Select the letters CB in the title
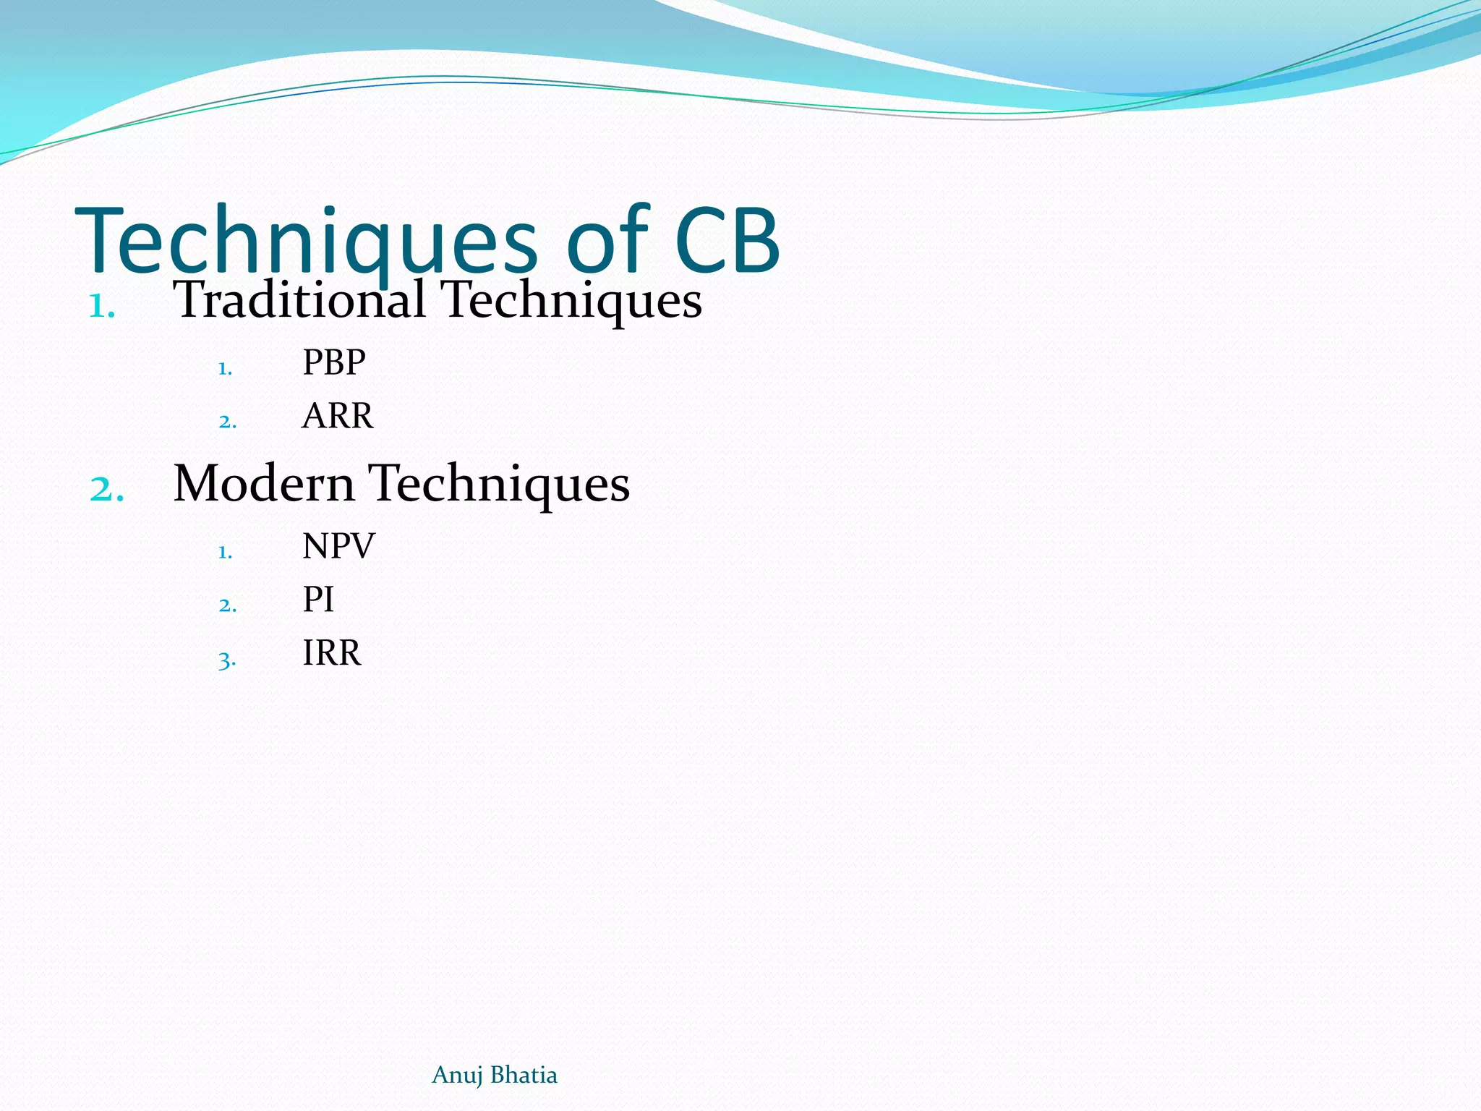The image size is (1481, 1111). (x=727, y=240)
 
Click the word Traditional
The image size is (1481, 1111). (x=299, y=299)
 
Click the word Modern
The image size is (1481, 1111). (x=263, y=483)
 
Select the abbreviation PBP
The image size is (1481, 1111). (x=334, y=362)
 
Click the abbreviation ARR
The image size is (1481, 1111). (x=338, y=416)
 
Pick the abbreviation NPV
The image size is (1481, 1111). (x=338, y=545)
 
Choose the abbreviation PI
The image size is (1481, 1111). (x=318, y=599)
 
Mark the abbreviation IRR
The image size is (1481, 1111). (x=331, y=652)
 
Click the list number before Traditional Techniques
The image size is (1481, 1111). (x=101, y=307)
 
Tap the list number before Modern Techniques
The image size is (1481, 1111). (x=106, y=490)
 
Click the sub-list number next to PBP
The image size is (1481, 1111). (x=225, y=369)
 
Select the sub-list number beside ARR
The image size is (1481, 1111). (x=227, y=422)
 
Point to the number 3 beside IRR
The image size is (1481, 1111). (x=226, y=660)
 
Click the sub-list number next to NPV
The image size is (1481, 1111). (x=225, y=553)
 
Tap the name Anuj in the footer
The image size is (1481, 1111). (x=457, y=1076)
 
